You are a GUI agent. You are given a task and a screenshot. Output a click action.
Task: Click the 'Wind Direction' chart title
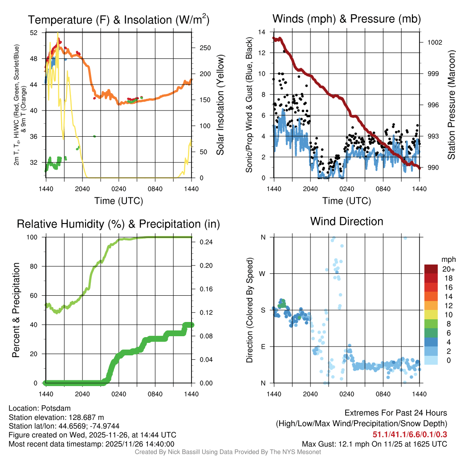pos(346,221)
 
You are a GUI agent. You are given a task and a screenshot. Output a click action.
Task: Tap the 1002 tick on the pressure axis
pos(434,43)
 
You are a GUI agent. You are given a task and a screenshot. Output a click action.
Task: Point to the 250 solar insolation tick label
pos(205,48)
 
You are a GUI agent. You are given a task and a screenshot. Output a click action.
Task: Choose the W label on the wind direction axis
pos(263,273)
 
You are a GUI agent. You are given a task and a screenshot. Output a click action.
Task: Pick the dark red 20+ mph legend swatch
pos(431,269)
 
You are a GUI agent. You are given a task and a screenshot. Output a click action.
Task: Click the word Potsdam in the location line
pos(57,408)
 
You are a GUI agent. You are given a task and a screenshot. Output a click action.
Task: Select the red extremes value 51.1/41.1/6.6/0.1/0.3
pos(409,434)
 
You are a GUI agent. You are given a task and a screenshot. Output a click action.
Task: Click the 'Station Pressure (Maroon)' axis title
pos(451,105)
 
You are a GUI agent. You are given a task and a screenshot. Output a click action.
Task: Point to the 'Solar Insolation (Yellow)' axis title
pos(220,105)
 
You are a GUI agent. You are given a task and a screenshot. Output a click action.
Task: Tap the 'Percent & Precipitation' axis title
pos(16,310)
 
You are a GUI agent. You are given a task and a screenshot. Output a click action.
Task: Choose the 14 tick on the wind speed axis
pos(262,32)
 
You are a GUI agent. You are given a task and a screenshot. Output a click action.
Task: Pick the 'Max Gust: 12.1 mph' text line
pos(375,444)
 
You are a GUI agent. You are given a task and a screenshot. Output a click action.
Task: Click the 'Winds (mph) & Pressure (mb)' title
pos(346,19)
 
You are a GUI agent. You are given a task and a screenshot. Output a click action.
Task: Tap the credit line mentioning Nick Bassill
pos(228,452)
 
